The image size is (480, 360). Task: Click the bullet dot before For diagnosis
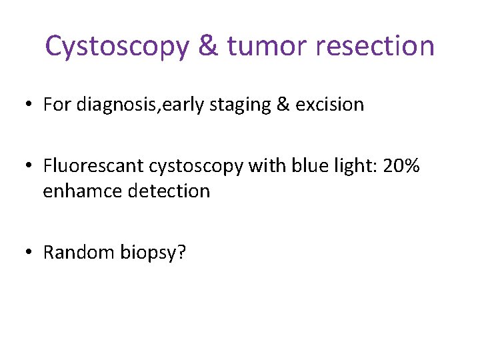[x=29, y=105]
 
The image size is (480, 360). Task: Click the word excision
[x=331, y=105]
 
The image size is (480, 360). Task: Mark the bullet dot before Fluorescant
[x=29, y=167]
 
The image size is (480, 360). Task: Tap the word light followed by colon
[x=351, y=166]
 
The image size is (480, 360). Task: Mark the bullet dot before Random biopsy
[x=29, y=253]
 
